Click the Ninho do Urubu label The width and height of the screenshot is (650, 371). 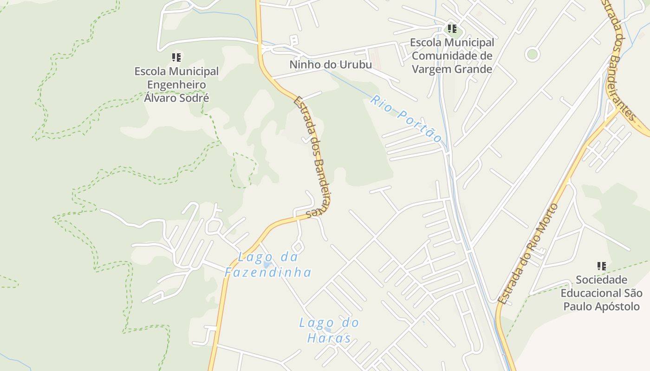(331, 64)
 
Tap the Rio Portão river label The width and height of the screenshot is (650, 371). (406, 119)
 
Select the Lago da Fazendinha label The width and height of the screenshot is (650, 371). (268, 264)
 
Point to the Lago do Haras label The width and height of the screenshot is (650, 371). (329, 330)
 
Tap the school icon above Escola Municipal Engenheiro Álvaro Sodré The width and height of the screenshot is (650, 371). (176, 58)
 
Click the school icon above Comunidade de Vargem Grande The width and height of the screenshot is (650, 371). (452, 29)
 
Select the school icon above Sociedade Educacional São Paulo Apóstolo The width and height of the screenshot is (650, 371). (602, 266)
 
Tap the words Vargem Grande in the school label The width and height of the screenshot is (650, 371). (452, 69)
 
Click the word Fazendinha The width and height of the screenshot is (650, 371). (268, 272)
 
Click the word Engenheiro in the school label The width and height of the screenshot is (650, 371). (176, 85)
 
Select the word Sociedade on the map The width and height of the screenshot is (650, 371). (602, 280)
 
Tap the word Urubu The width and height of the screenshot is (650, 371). (355, 64)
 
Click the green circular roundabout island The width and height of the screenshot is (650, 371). (533, 54)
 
